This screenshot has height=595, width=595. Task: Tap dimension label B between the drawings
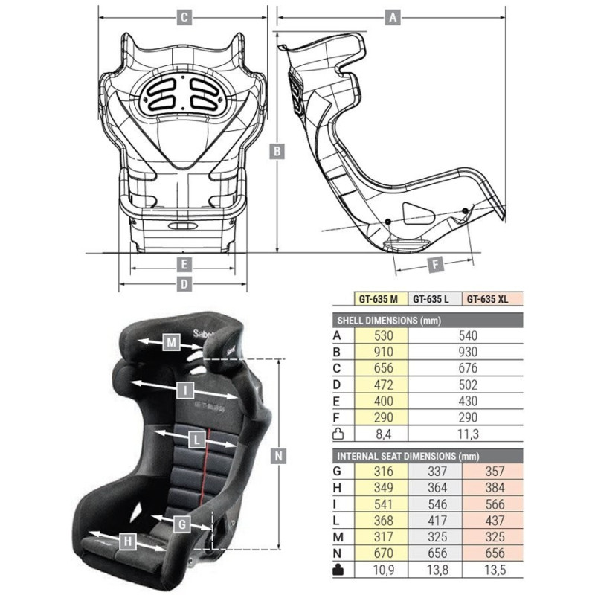[x=277, y=150]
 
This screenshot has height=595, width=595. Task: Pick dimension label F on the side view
[x=437, y=263]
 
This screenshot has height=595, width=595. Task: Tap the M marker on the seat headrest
[x=172, y=343]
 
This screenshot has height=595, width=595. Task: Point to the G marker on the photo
[x=181, y=524]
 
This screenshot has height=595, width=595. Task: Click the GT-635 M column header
[x=379, y=300]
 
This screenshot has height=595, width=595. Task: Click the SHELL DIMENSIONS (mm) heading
[x=387, y=321]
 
